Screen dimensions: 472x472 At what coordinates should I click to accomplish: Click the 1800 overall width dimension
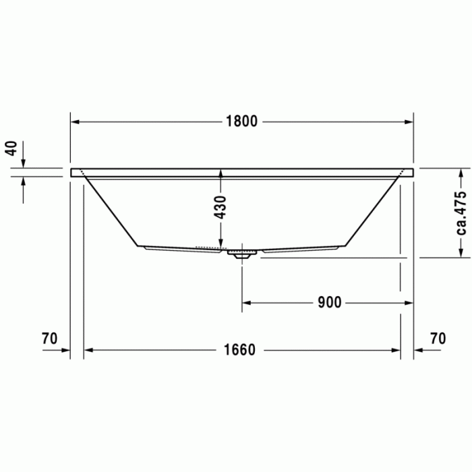pos(241,122)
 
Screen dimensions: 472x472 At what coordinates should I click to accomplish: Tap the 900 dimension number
pos(329,302)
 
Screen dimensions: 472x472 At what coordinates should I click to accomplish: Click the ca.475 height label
pos(461,212)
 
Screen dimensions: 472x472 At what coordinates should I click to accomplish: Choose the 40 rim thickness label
pos(10,149)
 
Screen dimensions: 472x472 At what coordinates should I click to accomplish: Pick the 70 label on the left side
pos(50,338)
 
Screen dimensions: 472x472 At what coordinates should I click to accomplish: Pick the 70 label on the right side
pos(438,338)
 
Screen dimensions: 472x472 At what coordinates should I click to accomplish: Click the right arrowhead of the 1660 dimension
pos(396,350)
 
